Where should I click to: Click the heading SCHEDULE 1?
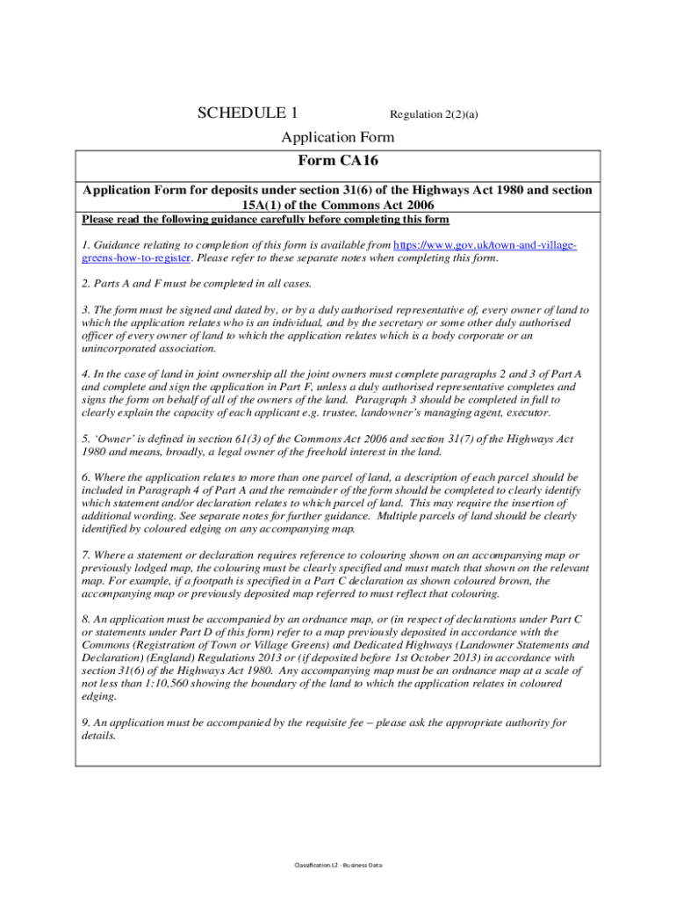[x=248, y=112]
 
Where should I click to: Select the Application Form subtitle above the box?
[x=337, y=137]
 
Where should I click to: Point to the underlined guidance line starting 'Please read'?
[x=265, y=219]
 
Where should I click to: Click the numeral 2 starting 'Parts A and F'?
[x=84, y=284]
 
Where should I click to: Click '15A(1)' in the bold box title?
[x=264, y=205]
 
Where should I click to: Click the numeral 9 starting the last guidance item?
[x=84, y=722]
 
